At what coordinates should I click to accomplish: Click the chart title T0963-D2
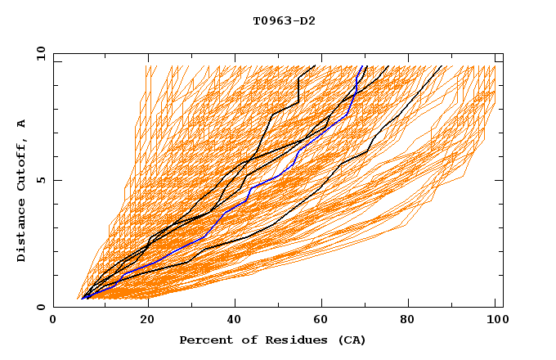point(284,21)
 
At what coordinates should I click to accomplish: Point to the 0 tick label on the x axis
point(53,321)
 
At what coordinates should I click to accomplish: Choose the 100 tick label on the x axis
point(495,321)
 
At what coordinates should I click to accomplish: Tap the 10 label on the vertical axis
point(38,53)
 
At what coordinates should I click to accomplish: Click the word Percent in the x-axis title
point(204,340)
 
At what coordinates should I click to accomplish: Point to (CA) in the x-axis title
point(352,340)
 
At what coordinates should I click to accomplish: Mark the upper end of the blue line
point(364,66)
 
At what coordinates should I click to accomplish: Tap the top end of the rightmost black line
point(442,66)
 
